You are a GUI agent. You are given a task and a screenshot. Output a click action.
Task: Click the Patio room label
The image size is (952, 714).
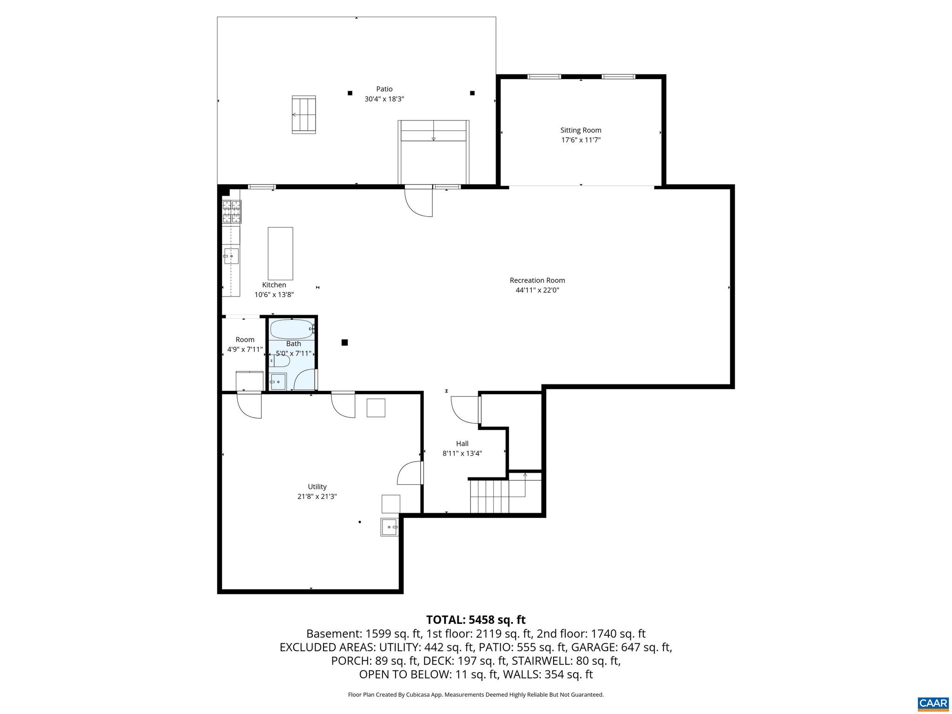point(384,89)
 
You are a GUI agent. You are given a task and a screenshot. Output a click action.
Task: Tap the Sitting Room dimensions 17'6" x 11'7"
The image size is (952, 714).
point(581,140)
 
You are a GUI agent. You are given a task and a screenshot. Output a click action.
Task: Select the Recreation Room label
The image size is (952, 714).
point(537,280)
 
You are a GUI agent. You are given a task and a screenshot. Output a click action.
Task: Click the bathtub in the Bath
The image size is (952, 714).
point(291,329)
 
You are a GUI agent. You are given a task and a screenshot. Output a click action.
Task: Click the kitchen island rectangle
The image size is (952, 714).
point(280,253)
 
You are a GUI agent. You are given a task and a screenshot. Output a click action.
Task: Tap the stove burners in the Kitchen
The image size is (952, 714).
point(231,212)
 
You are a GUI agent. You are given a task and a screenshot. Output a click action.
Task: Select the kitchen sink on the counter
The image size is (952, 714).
point(231,256)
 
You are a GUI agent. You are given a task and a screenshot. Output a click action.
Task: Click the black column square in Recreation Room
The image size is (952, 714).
point(344,343)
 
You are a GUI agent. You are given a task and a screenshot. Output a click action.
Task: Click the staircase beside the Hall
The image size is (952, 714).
point(497,496)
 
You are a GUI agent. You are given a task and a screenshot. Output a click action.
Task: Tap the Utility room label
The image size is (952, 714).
point(317,487)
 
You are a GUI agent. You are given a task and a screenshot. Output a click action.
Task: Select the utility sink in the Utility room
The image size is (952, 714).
point(389,527)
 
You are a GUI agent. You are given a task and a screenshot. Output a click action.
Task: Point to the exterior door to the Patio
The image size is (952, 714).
point(419,201)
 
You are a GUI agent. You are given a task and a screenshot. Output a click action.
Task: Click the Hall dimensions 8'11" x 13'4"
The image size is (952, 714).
point(462,454)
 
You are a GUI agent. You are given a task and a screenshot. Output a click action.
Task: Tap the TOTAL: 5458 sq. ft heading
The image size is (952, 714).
point(476,620)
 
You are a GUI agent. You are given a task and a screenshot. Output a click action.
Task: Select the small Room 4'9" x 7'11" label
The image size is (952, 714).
point(245,340)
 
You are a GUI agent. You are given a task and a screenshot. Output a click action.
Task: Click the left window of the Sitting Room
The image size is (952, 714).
point(544,77)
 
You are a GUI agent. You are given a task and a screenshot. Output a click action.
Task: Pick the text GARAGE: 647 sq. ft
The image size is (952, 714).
point(621,647)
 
